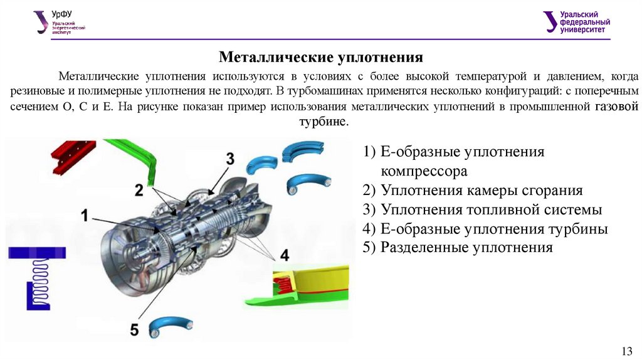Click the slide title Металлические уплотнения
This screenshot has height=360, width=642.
pyautogui.click(x=321, y=58)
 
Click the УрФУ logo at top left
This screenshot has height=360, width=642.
pyautogui.click(x=60, y=21)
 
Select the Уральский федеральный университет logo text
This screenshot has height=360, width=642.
pyautogui.click(x=586, y=22)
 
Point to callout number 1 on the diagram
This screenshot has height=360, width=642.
pyautogui.click(x=84, y=216)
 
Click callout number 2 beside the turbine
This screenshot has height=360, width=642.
pyautogui.click(x=139, y=189)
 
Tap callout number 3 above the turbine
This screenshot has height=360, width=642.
pyautogui.click(x=230, y=159)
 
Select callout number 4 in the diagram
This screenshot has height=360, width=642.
pyautogui.click(x=284, y=255)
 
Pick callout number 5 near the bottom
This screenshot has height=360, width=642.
pyautogui.click(x=134, y=328)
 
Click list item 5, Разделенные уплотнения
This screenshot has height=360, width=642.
pyautogui.click(x=457, y=248)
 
